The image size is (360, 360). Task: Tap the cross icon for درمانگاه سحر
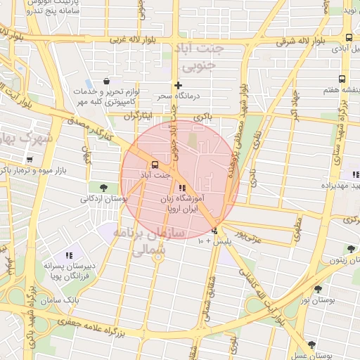pos(179,85)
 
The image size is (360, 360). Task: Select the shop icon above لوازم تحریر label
pos(106,82)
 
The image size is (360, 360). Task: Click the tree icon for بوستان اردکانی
pos(104,187)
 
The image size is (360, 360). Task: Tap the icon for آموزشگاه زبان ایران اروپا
pos(182,188)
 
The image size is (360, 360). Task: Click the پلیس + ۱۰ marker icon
pos(214,231)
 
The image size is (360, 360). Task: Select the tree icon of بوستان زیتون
pos(350,248)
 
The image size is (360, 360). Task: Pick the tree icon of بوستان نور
pos(318,289)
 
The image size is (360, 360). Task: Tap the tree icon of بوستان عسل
pos(311,345)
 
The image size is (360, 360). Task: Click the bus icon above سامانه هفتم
pos(342,79)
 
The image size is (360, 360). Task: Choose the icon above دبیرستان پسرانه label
pos(69,255)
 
